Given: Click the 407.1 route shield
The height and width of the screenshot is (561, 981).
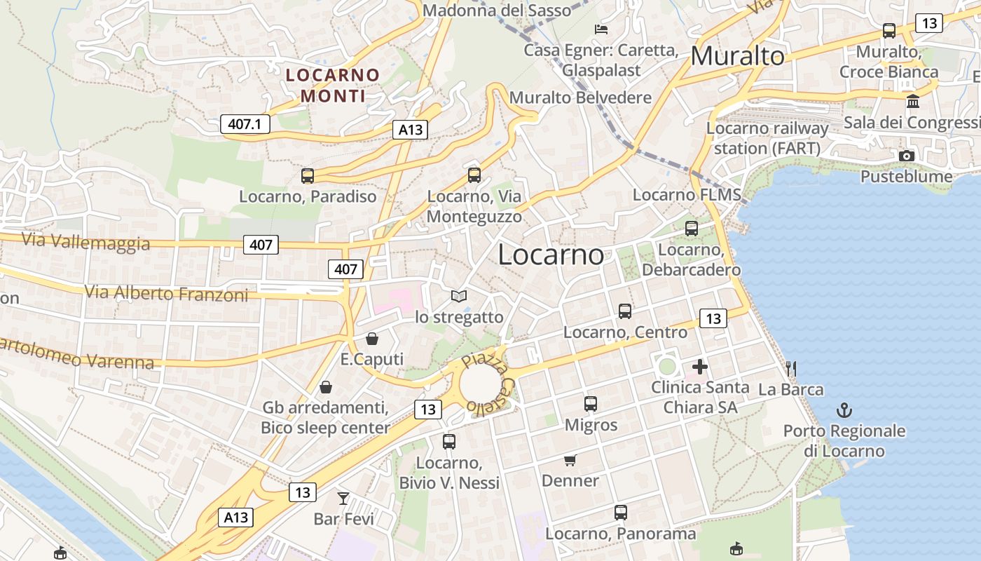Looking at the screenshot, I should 245,124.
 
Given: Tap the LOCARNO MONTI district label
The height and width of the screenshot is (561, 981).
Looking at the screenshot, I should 333,85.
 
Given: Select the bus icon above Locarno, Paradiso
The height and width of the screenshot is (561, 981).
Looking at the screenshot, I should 308,175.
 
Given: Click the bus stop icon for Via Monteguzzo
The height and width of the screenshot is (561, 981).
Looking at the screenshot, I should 474,175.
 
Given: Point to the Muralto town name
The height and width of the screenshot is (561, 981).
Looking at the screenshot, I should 737,56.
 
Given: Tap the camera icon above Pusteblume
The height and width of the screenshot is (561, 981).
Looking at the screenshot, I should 907,156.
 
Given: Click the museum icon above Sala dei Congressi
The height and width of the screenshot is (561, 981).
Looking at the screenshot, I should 913,102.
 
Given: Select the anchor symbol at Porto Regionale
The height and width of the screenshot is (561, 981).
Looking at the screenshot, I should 844,410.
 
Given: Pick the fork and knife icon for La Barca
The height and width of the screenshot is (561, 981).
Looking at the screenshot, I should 791,368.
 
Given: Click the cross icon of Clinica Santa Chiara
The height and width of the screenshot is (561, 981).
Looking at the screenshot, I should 699,366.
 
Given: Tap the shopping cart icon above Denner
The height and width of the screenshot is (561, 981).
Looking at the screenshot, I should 570,461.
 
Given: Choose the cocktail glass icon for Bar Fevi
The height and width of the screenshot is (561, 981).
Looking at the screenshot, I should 343,499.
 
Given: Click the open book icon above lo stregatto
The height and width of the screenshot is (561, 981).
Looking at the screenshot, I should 459,297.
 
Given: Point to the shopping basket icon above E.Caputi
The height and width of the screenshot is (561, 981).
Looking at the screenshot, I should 372,339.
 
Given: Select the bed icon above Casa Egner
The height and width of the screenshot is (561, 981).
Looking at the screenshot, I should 601,29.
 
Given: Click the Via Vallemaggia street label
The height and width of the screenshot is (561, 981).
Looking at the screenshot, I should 85,242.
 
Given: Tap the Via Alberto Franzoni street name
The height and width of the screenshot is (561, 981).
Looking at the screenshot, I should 166,293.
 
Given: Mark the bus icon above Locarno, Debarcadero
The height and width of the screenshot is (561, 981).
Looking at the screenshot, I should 692,228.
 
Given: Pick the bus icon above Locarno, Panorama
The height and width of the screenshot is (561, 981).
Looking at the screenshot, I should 621,513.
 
